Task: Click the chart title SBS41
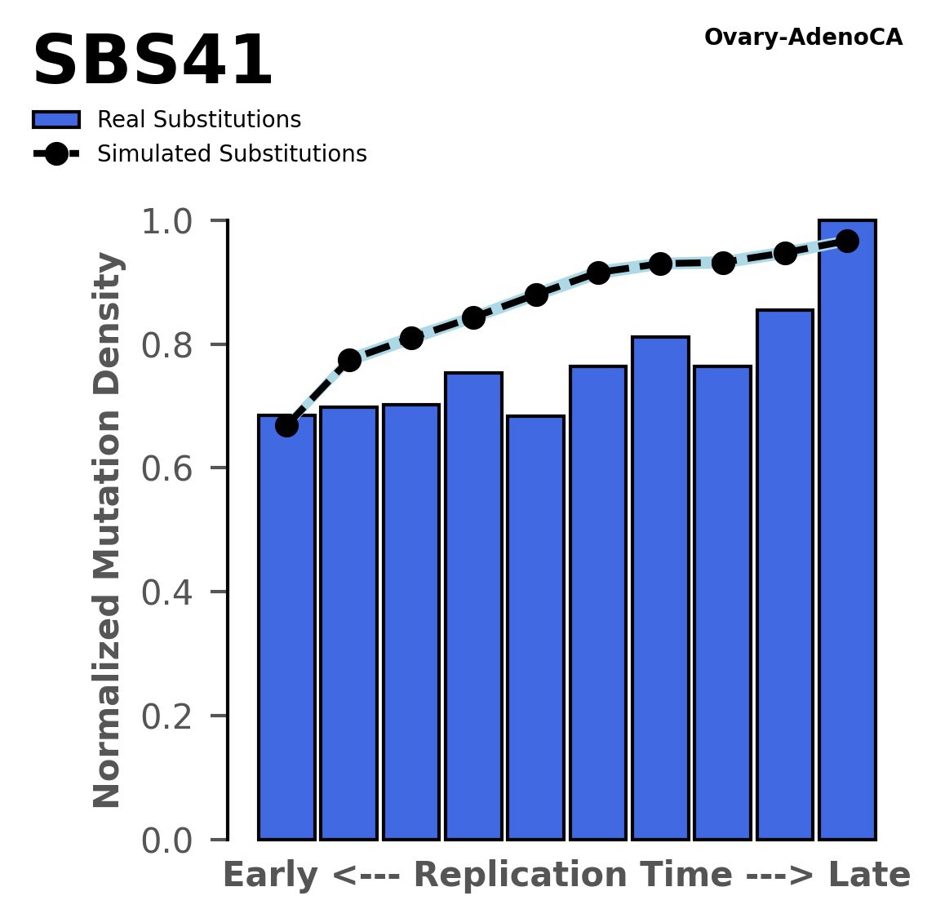click(152, 62)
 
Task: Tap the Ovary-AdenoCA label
click(802, 38)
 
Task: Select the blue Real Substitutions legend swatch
click(56, 120)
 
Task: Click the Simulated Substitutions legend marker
click(56, 154)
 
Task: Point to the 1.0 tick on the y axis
click(174, 222)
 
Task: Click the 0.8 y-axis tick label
click(174, 345)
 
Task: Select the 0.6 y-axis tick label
click(174, 469)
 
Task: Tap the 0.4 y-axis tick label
click(174, 592)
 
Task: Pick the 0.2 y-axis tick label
click(174, 716)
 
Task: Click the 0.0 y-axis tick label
click(174, 840)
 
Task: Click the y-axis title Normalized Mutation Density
click(108, 530)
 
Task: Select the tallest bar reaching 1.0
click(847, 530)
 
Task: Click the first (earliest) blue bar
click(286, 628)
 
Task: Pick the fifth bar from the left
click(535, 628)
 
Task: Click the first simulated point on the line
click(286, 425)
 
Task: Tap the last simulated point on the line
click(847, 242)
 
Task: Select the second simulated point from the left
click(349, 360)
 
